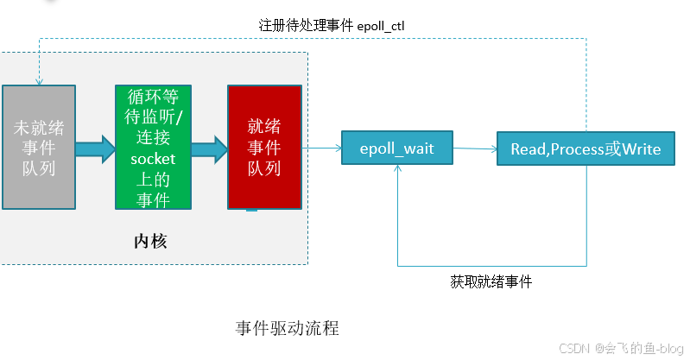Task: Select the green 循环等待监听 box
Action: [152, 147]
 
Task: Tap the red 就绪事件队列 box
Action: [264, 147]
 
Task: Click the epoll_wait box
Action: [397, 148]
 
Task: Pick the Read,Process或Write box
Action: [586, 149]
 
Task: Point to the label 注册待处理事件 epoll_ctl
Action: [332, 26]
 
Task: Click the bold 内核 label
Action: [149, 241]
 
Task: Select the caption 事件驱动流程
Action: [287, 329]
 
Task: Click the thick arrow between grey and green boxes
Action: [94, 147]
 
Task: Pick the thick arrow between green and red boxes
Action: [208, 147]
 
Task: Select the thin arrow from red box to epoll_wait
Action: [321, 148]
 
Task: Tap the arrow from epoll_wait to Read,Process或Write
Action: [475, 148]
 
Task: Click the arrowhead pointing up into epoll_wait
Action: [397, 171]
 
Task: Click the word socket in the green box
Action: [152, 159]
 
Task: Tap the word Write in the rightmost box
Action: [642, 149]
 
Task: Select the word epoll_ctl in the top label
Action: [381, 26]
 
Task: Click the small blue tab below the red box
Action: [251, 210]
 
